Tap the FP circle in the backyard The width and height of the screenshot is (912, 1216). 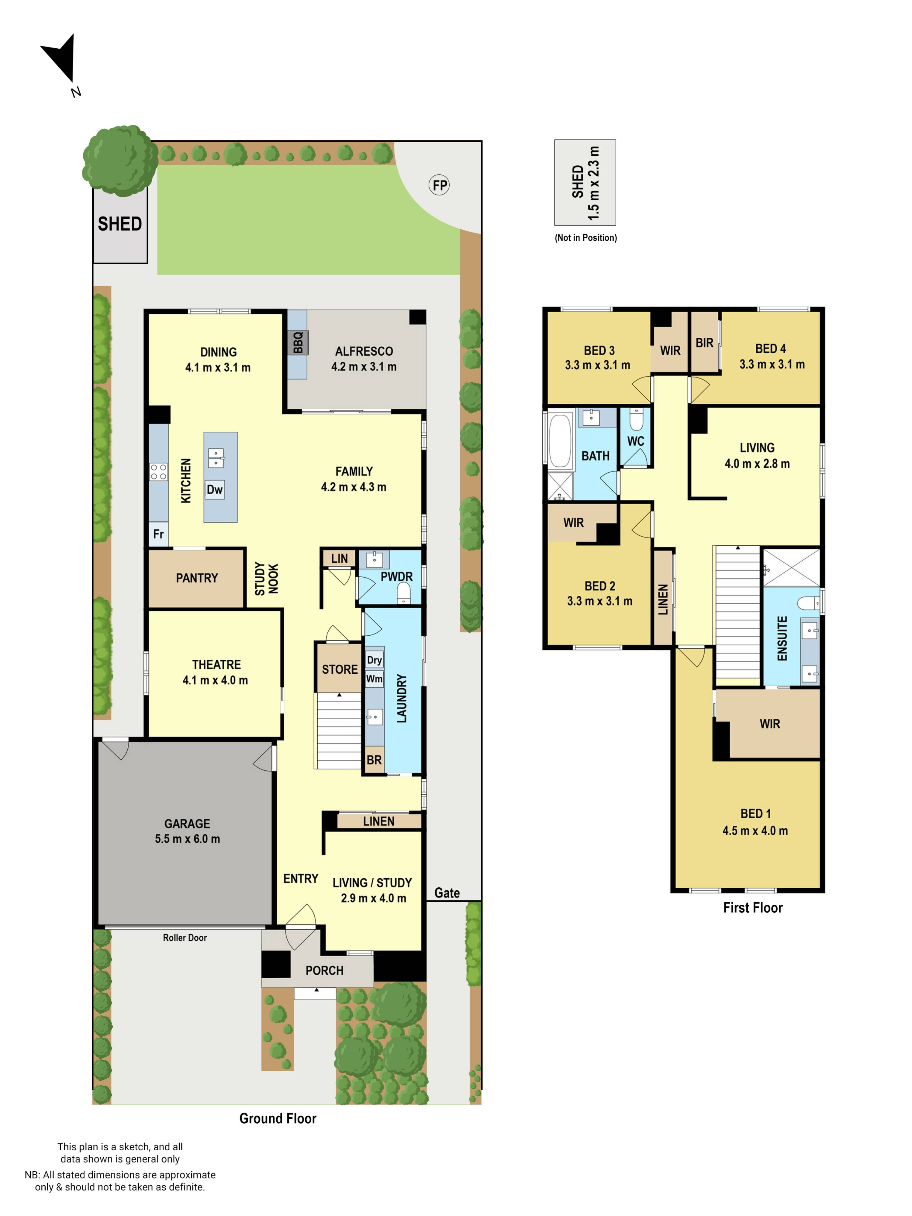(x=439, y=185)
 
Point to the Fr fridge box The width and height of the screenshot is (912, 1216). (x=158, y=534)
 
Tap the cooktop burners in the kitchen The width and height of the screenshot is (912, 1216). (x=158, y=472)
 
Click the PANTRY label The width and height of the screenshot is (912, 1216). (x=197, y=578)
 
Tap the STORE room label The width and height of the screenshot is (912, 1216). (x=340, y=669)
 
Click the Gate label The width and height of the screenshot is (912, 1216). (x=447, y=893)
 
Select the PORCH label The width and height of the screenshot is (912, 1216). (x=324, y=970)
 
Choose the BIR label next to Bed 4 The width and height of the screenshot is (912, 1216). (x=704, y=343)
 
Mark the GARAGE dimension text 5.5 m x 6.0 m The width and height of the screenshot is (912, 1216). (x=188, y=838)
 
